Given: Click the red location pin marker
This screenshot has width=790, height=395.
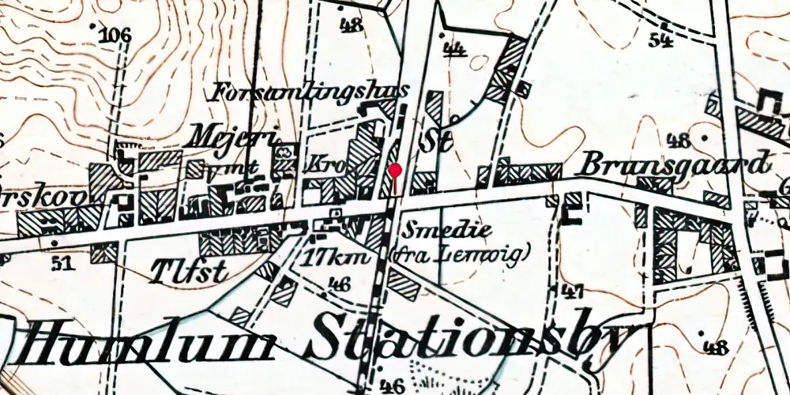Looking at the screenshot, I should click(x=395, y=171).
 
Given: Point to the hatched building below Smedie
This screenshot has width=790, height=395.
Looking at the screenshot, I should click(x=404, y=283).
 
